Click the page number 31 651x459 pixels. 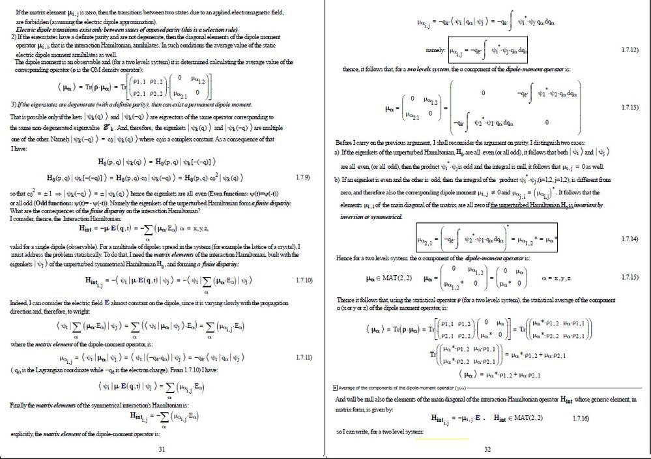coord(162,449)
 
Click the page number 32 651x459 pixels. coord(487,449)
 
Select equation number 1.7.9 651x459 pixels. coord(302,177)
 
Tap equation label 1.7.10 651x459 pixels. coord(304,280)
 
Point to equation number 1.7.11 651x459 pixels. coord(304,358)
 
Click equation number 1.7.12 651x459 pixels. coord(630,50)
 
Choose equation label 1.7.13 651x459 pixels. coord(630,106)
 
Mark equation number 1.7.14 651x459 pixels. coord(630,239)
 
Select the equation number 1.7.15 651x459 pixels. coord(630,278)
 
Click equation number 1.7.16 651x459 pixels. coord(580,417)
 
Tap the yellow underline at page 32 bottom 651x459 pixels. coord(442,438)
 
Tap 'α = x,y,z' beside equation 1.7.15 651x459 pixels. coord(557,278)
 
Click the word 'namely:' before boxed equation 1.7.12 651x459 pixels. coord(435,50)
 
